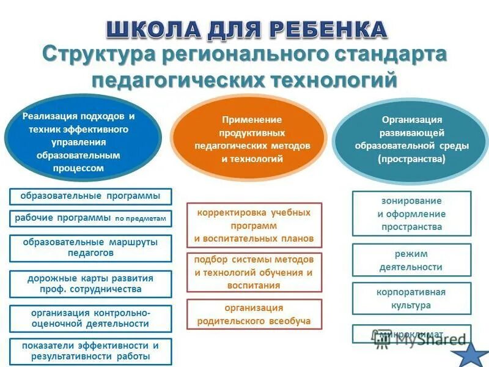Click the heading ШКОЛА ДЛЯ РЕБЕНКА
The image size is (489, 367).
coord(247,29)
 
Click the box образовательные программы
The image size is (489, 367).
coord(90,196)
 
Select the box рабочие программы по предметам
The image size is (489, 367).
coord(90,218)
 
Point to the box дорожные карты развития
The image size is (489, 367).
coord(90,284)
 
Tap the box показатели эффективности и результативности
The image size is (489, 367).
coord(90,351)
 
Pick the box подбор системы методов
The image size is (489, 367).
coord(254,272)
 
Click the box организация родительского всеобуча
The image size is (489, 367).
coord(254,314)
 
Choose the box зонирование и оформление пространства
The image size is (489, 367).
coord(411,213)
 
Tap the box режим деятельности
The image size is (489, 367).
coord(411,260)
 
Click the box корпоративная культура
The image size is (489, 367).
coord(411,298)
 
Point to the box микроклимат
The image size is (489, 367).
coord(411,334)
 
